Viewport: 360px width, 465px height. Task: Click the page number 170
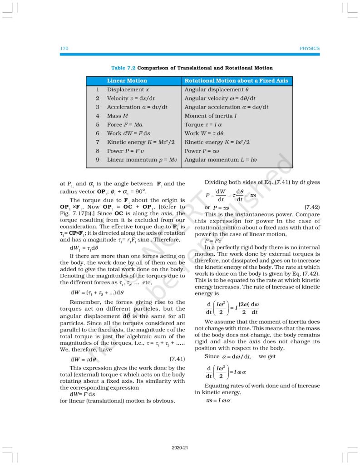[64, 48]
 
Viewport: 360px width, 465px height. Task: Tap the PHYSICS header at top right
[310, 48]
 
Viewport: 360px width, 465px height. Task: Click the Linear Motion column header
[127, 81]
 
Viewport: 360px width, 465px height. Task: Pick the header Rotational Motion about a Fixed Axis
[236, 81]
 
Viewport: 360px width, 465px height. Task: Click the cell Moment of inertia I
[211, 116]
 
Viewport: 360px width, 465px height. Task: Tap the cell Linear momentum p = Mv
[142, 160]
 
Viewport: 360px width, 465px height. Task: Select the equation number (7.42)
[312, 208]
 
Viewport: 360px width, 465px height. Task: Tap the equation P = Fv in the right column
[212, 241]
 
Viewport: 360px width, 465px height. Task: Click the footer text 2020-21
[180, 448]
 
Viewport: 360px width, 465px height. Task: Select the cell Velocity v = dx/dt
[131, 98]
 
